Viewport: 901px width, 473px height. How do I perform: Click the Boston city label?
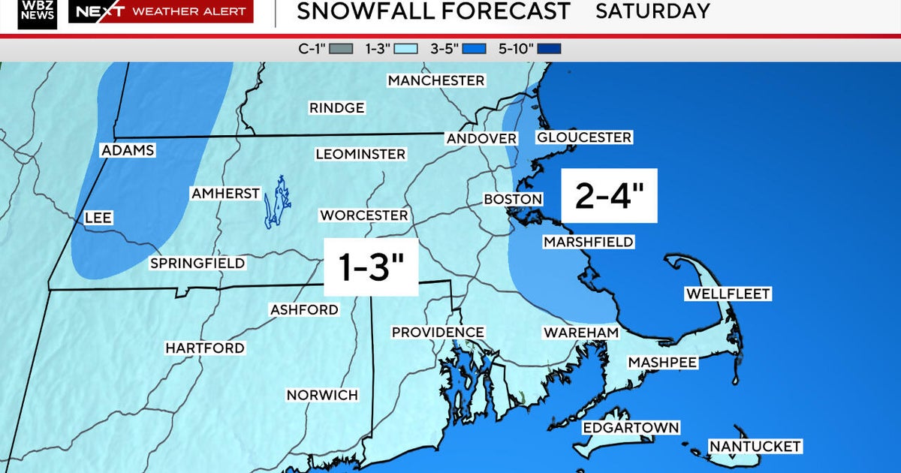coord(513,199)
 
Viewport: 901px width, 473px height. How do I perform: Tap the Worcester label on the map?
coord(363,215)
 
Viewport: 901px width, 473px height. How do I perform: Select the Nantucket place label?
coord(755,447)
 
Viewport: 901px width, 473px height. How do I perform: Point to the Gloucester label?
coord(583,137)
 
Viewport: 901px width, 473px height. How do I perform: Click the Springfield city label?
coord(197,264)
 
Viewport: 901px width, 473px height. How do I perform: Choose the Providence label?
coord(438,332)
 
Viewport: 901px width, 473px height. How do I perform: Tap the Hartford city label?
coord(205,348)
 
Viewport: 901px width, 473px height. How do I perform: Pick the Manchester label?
coord(436,80)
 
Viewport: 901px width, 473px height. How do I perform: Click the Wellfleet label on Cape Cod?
coord(728,294)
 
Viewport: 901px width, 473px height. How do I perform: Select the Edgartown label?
coord(631,428)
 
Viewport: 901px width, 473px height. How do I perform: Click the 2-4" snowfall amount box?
coord(610,196)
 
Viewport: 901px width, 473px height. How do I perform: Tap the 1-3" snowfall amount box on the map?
coord(370,267)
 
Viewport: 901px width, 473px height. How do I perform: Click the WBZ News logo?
coord(38,13)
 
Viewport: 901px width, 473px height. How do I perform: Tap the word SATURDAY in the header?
coord(652,11)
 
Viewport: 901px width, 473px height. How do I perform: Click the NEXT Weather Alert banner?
coord(161,11)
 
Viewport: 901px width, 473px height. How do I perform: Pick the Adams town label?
coord(128,150)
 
